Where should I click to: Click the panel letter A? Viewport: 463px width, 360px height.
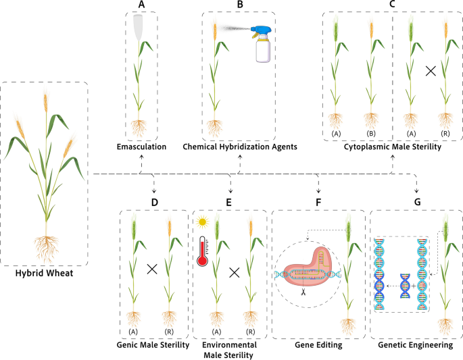click(x=141, y=5)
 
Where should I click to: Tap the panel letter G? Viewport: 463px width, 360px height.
click(x=416, y=202)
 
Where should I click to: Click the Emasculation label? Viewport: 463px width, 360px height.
click(x=142, y=147)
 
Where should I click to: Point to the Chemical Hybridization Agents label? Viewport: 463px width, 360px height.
click(x=240, y=147)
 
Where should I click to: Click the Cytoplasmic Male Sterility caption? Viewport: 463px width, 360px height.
click(x=393, y=147)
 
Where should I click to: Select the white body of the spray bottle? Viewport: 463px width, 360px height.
click(x=262, y=51)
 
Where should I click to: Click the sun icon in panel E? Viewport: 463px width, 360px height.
click(x=201, y=222)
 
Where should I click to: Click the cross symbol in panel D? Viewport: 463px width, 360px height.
click(x=152, y=269)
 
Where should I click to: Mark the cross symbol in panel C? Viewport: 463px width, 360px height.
click(x=429, y=70)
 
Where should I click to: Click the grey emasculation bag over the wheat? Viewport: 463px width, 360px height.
click(x=139, y=27)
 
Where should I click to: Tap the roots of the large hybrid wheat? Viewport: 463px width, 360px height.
click(x=45, y=249)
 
